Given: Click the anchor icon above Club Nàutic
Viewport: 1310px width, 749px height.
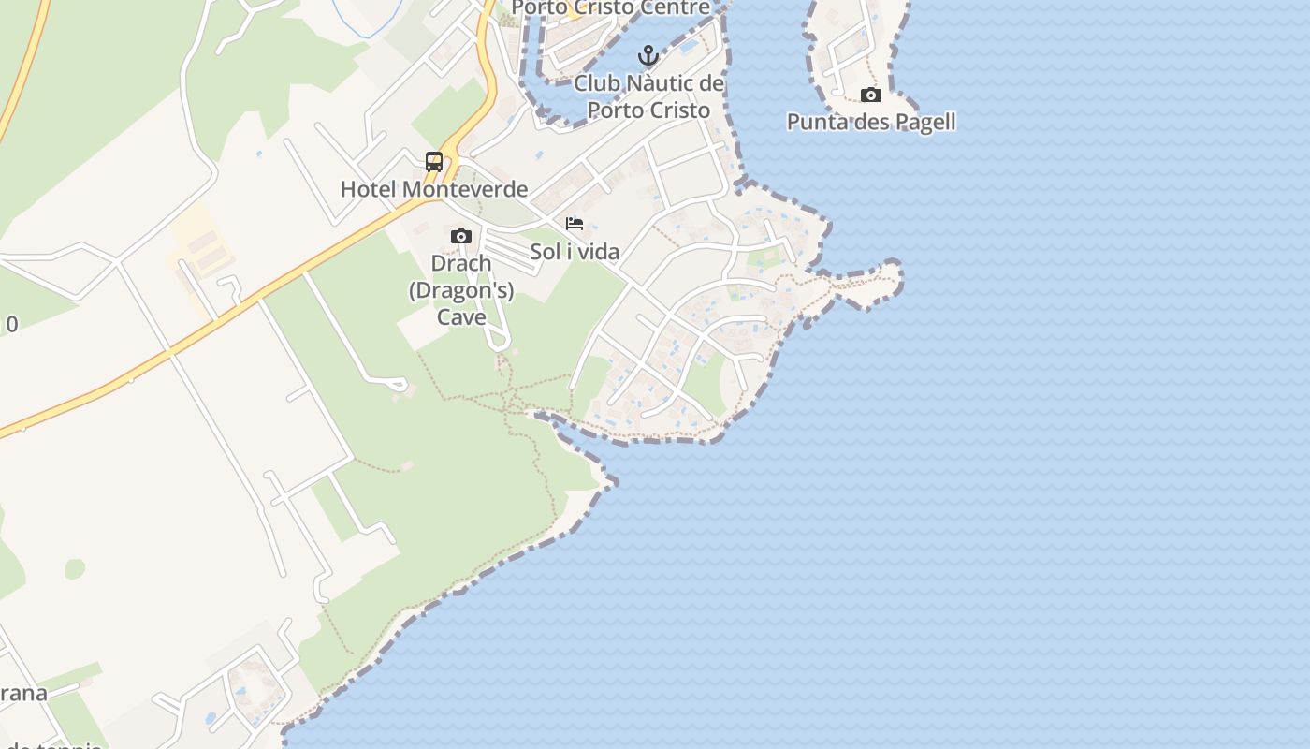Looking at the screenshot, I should pos(648,55).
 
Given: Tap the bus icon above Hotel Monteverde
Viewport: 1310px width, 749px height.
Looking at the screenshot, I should pos(434,161).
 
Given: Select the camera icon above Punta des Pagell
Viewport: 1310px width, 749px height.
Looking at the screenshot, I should pos(870,95).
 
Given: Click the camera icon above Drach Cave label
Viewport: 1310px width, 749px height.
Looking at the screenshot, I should pos(460,236).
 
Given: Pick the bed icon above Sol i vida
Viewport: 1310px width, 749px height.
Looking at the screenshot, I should pos(575,224).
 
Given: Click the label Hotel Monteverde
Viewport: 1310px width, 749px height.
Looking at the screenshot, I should pos(434,189).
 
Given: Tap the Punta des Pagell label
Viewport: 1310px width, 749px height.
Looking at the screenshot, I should pos(871,122).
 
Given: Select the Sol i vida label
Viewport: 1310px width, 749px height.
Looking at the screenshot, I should pos(575,251).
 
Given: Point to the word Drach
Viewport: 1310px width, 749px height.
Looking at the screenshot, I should pos(460,263).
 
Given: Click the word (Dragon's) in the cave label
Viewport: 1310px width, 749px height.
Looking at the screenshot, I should pos(461,290).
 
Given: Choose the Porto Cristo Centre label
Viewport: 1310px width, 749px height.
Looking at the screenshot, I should pos(611,8).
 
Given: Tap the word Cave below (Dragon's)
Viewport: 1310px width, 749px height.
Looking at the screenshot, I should pos(461,317).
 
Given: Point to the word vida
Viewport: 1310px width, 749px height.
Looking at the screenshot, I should pos(600,251).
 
